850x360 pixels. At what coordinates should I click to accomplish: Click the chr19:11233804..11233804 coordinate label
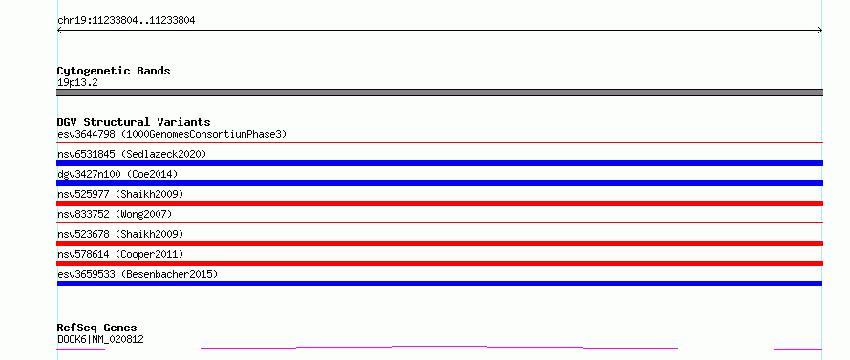coord(126,21)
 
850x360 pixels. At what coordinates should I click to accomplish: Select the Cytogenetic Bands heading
coord(114,71)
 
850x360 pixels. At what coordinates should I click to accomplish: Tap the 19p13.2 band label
coord(77,83)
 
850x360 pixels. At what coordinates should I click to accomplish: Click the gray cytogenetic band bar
coord(439,93)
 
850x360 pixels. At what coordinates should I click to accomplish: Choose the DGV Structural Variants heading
coord(134,122)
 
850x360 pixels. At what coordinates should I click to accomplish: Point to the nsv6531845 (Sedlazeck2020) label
coord(132,154)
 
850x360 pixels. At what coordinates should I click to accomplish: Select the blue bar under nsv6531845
coord(439,163)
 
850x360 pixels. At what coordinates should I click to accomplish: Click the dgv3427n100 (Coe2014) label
coord(117,174)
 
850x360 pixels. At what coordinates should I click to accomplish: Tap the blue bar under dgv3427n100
coord(439,183)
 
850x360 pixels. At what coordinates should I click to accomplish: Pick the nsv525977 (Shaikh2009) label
coord(120,194)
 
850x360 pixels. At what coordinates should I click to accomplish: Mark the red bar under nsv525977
coord(439,203)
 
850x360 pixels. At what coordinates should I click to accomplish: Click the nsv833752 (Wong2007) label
coord(115,214)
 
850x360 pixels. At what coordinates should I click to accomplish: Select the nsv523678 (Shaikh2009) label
coord(120,234)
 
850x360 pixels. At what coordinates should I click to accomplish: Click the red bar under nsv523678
coord(439,244)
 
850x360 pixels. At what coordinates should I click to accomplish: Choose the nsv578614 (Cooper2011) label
coord(120,254)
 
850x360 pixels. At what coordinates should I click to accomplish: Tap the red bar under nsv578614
coord(439,264)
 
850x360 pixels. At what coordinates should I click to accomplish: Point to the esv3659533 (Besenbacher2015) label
coord(138,274)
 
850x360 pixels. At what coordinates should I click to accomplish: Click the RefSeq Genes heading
coord(97,328)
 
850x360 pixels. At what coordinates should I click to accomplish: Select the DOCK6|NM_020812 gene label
coord(100,339)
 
